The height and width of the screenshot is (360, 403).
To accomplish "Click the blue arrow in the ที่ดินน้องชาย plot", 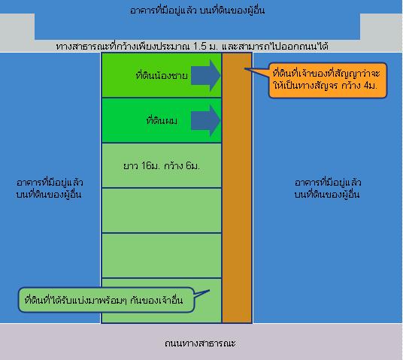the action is pyautogui.click(x=206, y=76).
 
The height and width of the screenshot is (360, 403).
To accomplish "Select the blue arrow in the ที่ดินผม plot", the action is pyautogui.click(x=206, y=120).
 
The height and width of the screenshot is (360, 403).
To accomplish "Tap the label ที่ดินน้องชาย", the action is pyautogui.click(x=162, y=76).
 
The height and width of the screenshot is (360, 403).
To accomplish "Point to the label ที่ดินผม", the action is pyautogui.click(x=162, y=120).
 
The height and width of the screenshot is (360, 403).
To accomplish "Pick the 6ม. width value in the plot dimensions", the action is pyautogui.click(x=192, y=166).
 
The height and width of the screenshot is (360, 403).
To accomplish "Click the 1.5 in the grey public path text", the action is pyautogui.click(x=200, y=47).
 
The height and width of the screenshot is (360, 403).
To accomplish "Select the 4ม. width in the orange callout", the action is pyautogui.click(x=370, y=86).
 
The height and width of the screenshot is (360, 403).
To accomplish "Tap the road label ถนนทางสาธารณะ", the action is pyautogui.click(x=200, y=343).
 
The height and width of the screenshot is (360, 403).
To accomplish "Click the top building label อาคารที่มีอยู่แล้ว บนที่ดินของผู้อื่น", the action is pyautogui.click(x=197, y=11).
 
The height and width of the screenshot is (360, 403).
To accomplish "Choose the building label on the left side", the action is pyautogui.click(x=50, y=189).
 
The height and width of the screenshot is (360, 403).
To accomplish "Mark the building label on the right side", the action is pyautogui.click(x=328, y=189).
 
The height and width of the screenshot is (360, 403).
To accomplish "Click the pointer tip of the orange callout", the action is pyautogui.click(x=244, y=69).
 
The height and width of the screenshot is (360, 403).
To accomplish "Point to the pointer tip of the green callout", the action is pyautogui.click(x=210, y=291).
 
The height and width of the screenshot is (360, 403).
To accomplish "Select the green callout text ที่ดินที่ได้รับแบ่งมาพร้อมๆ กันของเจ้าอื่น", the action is pyautogui.click(x=104, y=300).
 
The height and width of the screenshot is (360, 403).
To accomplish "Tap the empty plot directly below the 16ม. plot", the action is pyautogui.click(x=162, y=210).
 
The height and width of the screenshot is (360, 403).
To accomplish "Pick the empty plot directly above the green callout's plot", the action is pyautogui.click(x=162, y=256).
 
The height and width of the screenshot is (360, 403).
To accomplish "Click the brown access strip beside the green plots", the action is pyautogui.click(x=237, y=188).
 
